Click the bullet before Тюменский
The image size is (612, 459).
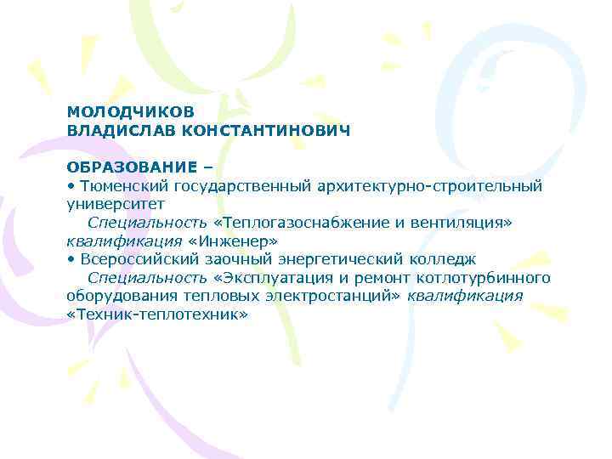tap(71, 184)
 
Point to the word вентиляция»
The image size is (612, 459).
tap(466, 222)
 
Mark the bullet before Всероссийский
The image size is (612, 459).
tap(71, 259)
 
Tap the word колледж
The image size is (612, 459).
tap(445, 259)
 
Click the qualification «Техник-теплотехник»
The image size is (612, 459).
tap(157, 314)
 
